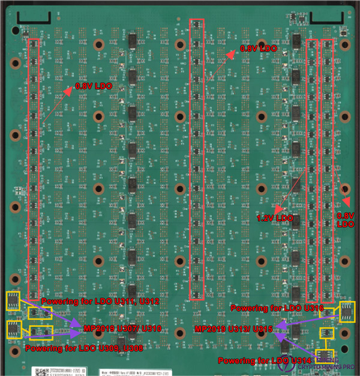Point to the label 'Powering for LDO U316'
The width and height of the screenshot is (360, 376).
coord(277,308)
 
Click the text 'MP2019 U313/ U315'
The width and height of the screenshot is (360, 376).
coord(233,330)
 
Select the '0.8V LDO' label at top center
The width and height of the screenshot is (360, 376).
coord(259,48)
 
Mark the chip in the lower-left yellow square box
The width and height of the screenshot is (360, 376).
coord(12,329)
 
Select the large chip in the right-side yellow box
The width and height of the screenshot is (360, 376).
coord(347,311)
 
